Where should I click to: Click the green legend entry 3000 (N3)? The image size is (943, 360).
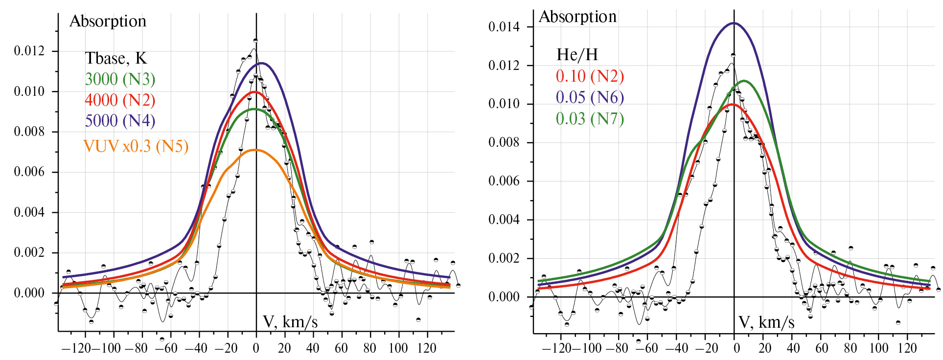tap(120, 79)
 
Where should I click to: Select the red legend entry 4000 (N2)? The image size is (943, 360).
tap(120, 100)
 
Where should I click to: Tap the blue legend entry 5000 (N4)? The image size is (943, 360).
tap(120, 121)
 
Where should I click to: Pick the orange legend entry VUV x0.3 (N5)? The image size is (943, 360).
tap(136, 146)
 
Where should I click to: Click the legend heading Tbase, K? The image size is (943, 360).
tap(115, 58)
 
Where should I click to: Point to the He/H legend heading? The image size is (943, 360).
tap(577, 55)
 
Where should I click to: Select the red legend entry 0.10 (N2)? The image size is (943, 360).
tap(590, 76)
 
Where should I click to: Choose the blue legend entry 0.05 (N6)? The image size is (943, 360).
tap(590, 97)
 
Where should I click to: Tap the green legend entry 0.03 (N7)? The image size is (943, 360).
tap(590, 119)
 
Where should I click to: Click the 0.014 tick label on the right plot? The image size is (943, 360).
tap(504, 27)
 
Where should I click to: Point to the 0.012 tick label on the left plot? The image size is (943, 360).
tap(29, 51)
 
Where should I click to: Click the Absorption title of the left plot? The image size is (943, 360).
tap(108, 21)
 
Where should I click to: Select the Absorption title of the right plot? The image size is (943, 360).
tap(577, 17)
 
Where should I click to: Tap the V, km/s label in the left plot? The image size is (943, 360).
tap(290, 322)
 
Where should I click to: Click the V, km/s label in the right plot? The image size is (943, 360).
tap(766, 322)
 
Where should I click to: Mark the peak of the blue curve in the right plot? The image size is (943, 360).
tap(734, 23)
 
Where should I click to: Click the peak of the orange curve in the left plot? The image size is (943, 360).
tap(256, 150)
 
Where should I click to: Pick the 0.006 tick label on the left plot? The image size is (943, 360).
tap(29, 172)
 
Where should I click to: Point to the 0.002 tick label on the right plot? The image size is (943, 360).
tap(504, 258)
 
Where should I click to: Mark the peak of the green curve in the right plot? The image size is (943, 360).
tap(744, 81)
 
